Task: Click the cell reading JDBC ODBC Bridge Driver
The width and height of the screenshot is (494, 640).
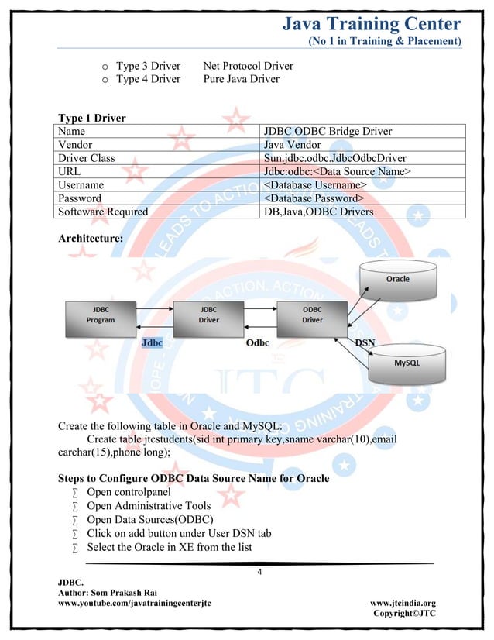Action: click(328, 131)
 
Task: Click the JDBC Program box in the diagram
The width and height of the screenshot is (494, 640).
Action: click(100, 315)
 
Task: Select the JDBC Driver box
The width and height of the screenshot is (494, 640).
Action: click(208, 315)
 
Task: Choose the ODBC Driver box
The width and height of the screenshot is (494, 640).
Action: click(312, 315)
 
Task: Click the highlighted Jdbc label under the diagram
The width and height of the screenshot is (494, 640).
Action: click(152, 342)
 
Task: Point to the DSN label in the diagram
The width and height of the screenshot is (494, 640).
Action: click(365, 342)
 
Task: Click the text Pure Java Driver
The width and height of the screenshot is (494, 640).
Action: click(241, 79)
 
